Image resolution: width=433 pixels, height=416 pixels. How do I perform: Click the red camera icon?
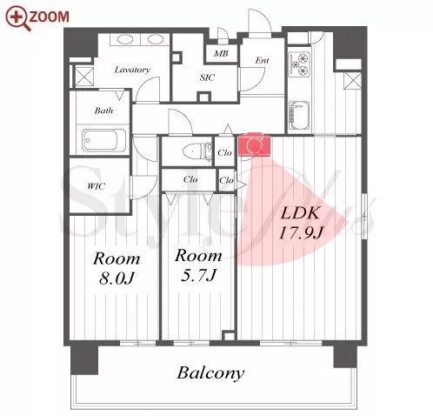coord(254,145)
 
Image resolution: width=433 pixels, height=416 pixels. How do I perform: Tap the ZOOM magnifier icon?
coord(18,17)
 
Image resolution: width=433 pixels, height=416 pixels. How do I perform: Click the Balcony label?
coord(210,373)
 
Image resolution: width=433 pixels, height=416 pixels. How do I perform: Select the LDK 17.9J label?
coord(300,223)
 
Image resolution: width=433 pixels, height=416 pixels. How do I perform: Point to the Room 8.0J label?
coord(117,268)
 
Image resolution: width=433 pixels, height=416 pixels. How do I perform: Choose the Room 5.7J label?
coord(198,265)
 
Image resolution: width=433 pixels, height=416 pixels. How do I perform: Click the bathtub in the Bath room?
coord(103,140)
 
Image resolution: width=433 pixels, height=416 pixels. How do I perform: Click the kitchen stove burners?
coord(299,64)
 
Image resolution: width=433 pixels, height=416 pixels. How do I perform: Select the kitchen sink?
coord(299,115)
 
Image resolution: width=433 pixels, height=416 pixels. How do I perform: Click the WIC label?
coord(97,186)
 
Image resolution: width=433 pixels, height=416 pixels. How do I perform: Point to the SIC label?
coord(207,77)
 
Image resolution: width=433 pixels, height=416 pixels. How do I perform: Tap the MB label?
coord(221,54)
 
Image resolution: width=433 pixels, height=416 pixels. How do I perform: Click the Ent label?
coord(262,60)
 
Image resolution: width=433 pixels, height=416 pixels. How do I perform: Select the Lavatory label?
coord(132,70)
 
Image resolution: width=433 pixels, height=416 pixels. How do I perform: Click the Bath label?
coord(103,111)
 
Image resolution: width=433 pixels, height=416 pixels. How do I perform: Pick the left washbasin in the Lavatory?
coord(125,39)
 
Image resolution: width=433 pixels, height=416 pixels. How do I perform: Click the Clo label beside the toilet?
coord(224,152)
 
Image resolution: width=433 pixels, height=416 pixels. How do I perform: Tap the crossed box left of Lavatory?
coord(84,76)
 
